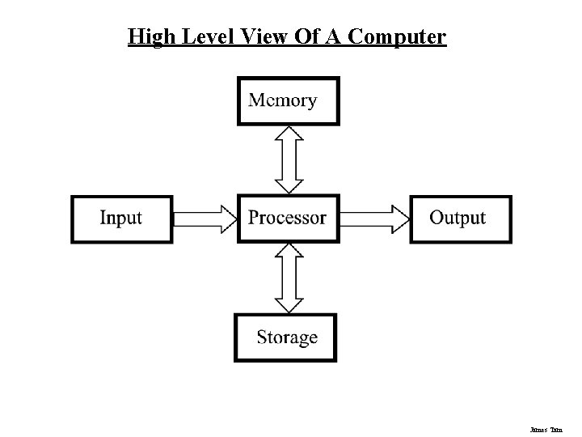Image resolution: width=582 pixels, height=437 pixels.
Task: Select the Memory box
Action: tap(289, 101)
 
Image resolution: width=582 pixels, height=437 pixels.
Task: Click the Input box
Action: tap(121, 218)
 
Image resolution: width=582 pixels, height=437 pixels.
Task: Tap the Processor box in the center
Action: tap(288, 218)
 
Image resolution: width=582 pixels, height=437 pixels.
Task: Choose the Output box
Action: tap(460, 218)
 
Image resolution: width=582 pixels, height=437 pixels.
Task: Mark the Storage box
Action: tap(285, 337)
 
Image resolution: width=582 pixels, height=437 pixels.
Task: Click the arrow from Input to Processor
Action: tap(205, 218)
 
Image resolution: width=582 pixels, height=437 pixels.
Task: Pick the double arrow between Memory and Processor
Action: tap(289, 159)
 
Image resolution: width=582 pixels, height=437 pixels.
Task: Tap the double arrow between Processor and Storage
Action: tap(289, 278)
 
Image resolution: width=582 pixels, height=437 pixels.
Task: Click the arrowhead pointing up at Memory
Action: tap(289, 135)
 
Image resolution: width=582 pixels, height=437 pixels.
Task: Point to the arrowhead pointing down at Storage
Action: tap(289, 303)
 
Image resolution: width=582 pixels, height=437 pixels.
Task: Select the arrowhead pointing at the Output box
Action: tap(399, 218)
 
